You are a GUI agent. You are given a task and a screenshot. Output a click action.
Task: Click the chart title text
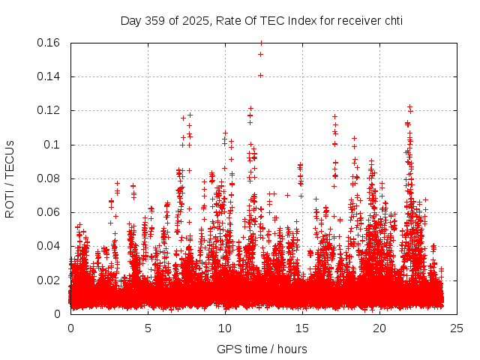click(x=262, y=20)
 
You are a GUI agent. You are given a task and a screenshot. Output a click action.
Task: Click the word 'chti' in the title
click(x=391, y=20)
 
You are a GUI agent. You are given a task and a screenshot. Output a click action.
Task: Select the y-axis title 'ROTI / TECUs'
click(x=10, y=178)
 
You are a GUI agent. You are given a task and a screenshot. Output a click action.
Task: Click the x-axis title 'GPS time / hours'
click(x=262, y=349)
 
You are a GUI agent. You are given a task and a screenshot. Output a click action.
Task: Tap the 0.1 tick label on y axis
click(x=52, y=145)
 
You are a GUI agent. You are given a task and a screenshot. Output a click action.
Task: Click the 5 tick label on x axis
click(x=148, y=328)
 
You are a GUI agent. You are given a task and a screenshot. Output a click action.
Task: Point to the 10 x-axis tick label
click(x=225, y=328)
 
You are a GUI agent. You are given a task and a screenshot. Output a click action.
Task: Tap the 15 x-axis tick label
click(x=302, y=328)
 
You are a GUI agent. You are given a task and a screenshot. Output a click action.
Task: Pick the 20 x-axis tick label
click(x=379, y=328)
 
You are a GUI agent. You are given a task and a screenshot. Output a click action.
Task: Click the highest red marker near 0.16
click(x=261, y=43)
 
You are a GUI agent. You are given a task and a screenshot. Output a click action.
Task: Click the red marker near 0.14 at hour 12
click(x=260, y=75)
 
